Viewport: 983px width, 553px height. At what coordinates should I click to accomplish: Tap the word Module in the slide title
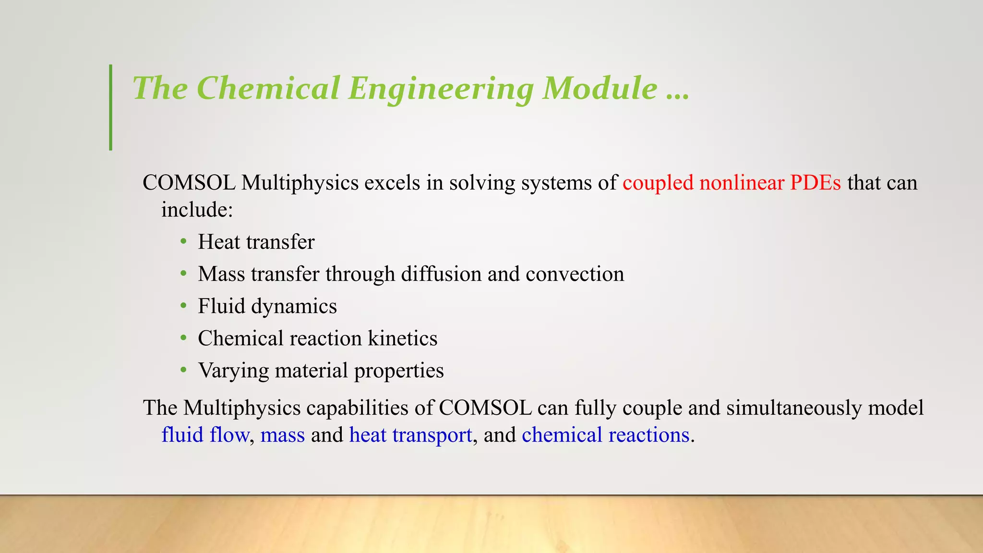click(600, 88)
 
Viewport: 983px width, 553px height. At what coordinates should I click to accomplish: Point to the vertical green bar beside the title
click(111, 108)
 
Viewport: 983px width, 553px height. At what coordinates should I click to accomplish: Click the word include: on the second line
click(197, 210)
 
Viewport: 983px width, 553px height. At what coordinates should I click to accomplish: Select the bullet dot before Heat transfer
click(183, 241)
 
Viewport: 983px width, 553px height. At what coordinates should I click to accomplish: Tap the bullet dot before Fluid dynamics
click(183, 306)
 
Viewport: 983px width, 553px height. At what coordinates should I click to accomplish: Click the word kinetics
click(402, 338)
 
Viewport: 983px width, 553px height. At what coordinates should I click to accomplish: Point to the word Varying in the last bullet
click(233, 371)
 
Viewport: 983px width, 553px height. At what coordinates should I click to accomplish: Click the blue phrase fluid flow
click(205, 435)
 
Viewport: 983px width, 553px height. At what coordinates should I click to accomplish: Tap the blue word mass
click(282, 435)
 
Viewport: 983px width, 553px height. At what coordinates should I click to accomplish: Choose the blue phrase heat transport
click(410, 435)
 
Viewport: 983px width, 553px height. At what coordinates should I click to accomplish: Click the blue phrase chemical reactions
click(605, 435)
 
